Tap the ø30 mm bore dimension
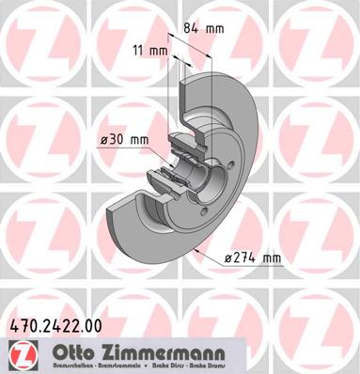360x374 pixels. click(126, 141)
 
